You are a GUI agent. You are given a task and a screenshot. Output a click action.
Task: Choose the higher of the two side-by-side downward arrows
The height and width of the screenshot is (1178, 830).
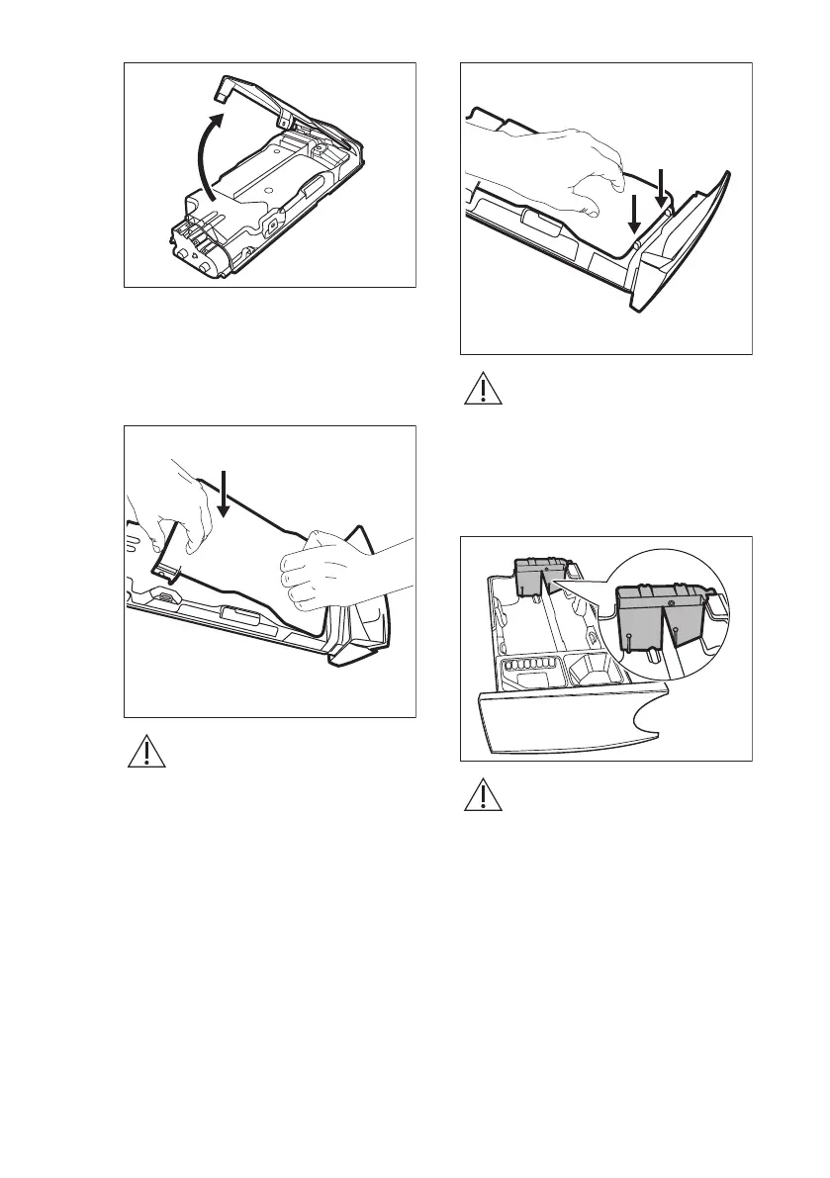pyautogui.click(x=661, y=185)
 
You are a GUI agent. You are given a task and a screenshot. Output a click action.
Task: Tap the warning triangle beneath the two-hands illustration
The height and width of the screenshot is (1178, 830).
pyautogui.click(x=146, y=753)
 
